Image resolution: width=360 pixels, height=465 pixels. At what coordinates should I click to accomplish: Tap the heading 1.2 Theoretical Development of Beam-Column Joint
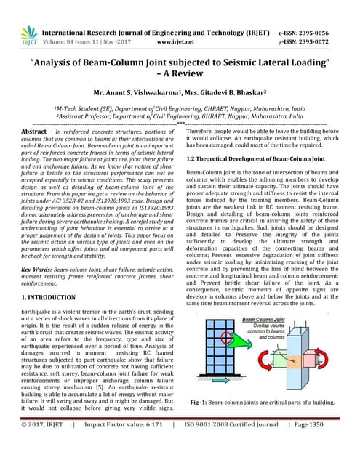pos(255,158)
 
